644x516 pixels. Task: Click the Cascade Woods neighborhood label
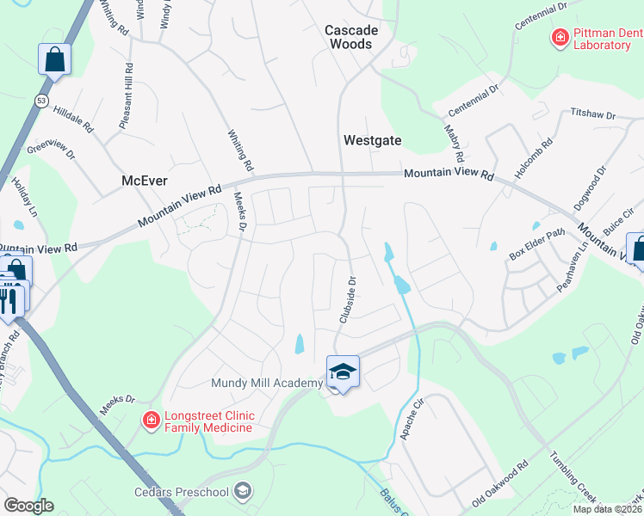(351, 37)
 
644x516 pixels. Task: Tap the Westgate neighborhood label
(373, 139)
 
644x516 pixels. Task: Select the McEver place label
(144, 181)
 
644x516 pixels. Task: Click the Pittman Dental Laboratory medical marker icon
(560, 38)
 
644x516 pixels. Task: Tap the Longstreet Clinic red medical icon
(151, 420)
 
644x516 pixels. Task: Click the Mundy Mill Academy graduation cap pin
(343, 372)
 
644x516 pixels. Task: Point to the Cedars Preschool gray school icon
(244, 491)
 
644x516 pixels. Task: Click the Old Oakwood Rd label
(499, 484)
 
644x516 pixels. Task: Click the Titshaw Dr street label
(593, 114)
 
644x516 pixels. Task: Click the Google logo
(28, 505)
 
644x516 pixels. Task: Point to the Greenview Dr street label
(52, 150)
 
